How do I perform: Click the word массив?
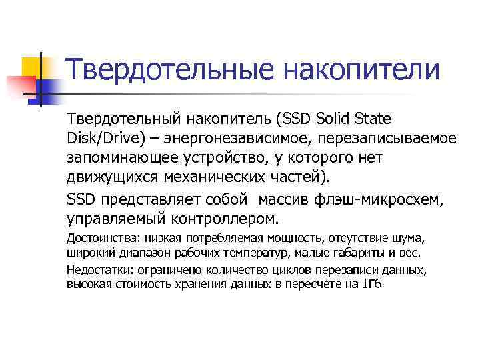(285, 199)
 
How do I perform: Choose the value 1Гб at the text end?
(371, 284)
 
